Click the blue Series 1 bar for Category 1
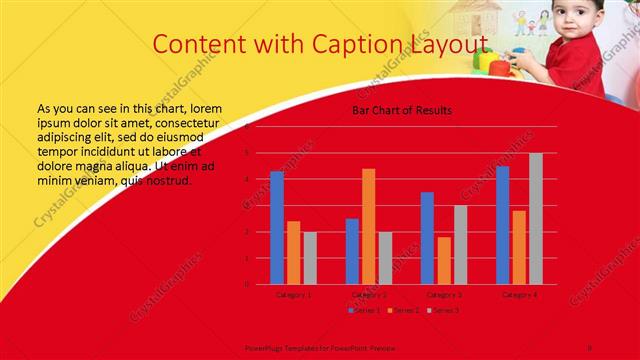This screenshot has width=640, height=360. pos(277,228)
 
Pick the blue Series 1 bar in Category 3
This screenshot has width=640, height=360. pos(427,238)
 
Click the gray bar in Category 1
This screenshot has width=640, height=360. pos(310,258)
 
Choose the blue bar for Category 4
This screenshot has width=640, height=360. pos(502,225)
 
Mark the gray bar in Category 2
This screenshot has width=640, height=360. pos(385,258)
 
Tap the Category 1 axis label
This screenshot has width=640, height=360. pos(293,295)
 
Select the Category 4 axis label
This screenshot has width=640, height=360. pos(519,295)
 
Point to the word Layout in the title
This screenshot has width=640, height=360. pos(447,43)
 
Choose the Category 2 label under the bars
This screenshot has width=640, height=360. pos(368,295)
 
